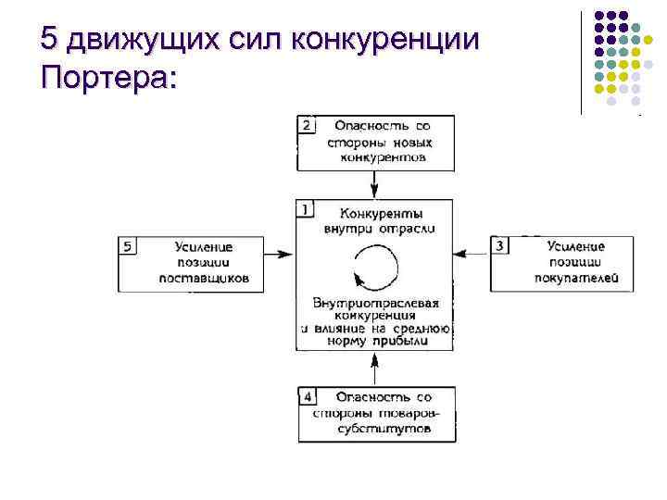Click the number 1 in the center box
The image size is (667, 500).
pos(306,209)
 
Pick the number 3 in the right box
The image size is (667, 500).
pos(500,245)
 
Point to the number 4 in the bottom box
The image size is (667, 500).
pos(308,396)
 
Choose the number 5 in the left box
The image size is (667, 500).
pos(130,245)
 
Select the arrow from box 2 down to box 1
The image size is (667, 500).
pos(374,184)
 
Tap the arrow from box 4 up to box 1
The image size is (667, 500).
pos(374,369)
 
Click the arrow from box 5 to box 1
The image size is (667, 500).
pos(278,252)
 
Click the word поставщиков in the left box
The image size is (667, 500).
pos(204,277)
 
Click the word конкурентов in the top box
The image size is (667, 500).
pos(382,157)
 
